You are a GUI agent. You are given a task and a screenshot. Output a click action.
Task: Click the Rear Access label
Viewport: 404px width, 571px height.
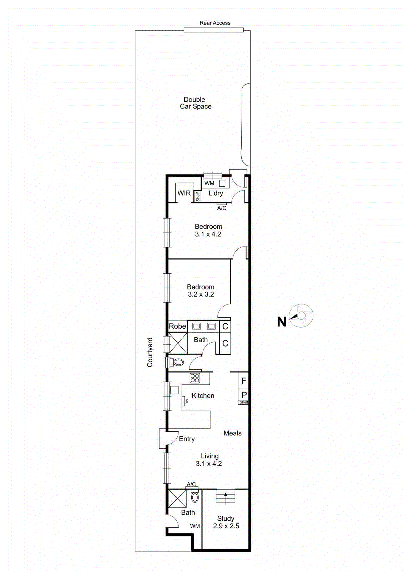pos(215,23)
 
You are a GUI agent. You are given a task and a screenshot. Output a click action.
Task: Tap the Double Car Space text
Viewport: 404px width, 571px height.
pos(195,103)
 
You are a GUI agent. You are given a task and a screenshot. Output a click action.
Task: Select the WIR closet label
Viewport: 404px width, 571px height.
pos(184,193)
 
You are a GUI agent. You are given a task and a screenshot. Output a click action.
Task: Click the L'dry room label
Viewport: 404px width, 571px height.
pos(216,193)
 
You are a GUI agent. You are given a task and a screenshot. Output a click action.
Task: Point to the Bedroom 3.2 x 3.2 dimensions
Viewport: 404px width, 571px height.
pos(201,294)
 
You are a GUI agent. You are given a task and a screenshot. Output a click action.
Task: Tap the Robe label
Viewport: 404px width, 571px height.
pos(177,326)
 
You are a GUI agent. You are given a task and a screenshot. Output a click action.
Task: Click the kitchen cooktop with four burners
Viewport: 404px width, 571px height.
pos(195,378)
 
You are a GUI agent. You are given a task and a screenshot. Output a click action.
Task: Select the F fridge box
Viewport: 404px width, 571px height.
pos(244,381)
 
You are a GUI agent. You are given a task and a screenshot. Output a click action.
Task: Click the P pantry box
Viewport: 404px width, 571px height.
pos(244,395)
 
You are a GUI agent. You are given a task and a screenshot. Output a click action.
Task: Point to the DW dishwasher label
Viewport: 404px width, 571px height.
pos(186,401)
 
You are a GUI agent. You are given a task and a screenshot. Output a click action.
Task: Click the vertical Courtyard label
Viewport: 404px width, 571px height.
pos(150,352)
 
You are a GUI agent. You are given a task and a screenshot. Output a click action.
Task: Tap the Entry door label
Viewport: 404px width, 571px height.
pos(187,439)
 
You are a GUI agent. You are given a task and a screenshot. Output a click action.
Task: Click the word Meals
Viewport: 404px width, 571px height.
pos(232,433)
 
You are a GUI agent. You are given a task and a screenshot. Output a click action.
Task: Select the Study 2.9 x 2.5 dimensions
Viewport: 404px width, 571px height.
pos(226,526)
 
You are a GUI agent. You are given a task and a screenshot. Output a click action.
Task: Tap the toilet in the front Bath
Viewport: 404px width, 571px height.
pos(195,497)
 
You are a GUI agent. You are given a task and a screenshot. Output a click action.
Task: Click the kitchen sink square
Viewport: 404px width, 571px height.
pos(174,390)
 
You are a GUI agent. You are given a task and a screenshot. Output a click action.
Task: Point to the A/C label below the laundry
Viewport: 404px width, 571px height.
pos(222,208)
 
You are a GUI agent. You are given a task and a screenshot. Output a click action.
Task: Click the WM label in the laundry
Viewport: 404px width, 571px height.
pos(209,183)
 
